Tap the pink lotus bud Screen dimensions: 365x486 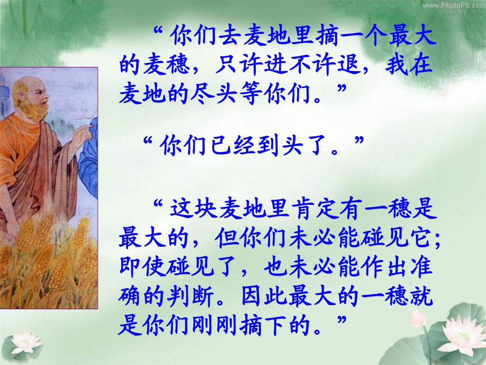pos(418,318)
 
